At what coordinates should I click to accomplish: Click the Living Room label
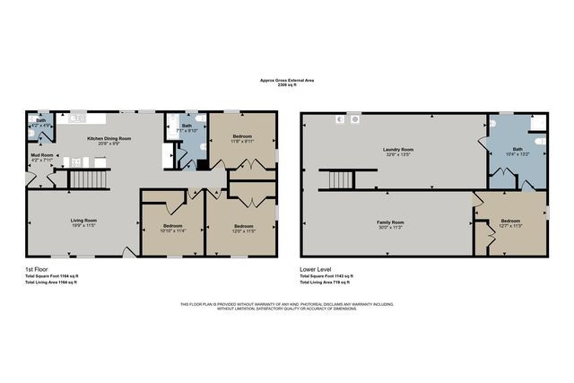[x=84, y=220]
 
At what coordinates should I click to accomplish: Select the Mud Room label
[x=42, y=155]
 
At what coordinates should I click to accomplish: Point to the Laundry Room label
[x=397, y=149]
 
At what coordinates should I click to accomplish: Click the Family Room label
[x=389, y=222]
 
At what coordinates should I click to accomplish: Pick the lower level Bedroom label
[x=510, y=220]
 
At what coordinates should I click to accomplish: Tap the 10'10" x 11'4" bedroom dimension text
[x=173, y=231]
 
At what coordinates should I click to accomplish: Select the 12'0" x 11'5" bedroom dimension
[x=243, y=231]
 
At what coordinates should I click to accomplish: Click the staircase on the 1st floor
[x=88, y=179]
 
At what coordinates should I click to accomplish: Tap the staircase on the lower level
[x=341, y=179]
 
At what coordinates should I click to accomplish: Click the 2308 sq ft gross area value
[x=286, y=86]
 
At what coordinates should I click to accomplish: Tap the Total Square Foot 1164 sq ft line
[x=52, y=275]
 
